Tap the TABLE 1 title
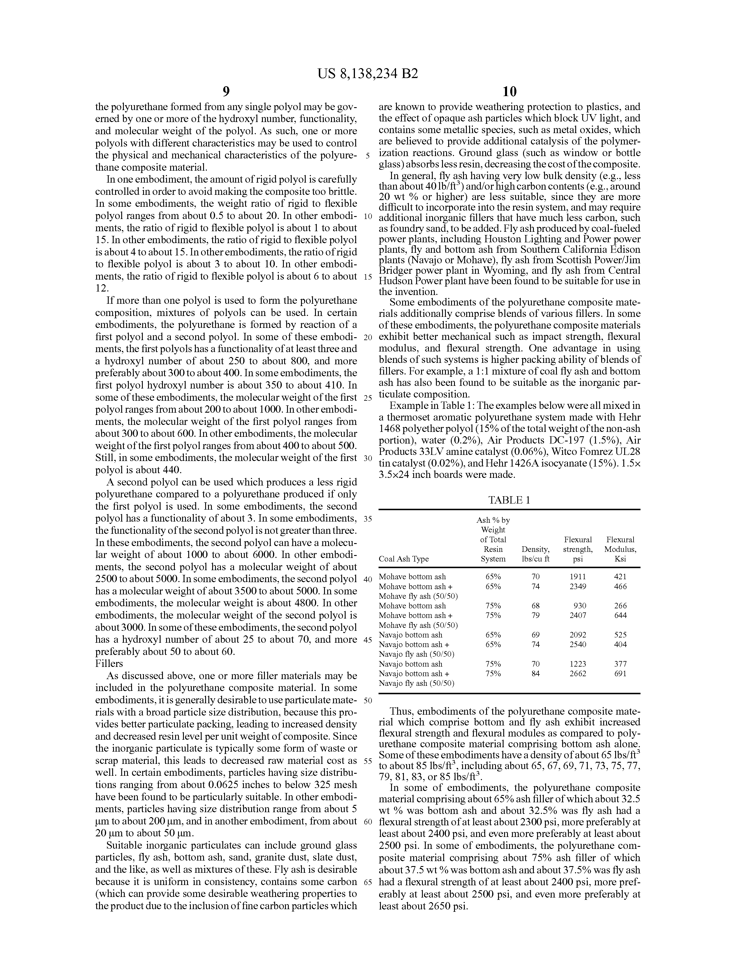pyautogui.click(x=509, y=500)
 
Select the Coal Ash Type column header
pyautogui.click(x=403, y=559)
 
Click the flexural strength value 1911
pyautogui.click(x=578, y=576)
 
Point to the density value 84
pyautogui.click(x=536, y=673)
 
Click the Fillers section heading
pyautogui.click(x=109, y=664)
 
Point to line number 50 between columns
pyautogui.click(x=368, y=700)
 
